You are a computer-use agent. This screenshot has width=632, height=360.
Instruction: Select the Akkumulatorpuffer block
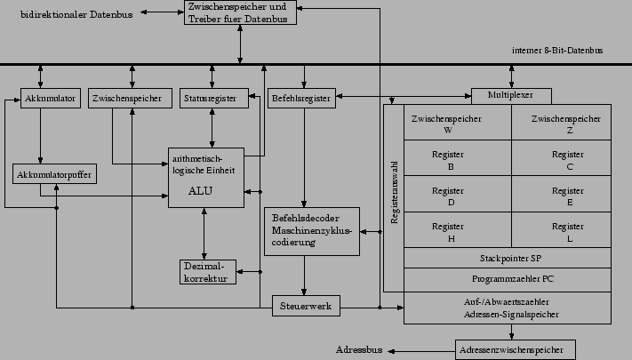coord(55,174)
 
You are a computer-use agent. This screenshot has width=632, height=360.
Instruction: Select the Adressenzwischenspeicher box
coord(515,349)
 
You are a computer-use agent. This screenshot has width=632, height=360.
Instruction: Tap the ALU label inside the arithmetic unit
coord(200,190)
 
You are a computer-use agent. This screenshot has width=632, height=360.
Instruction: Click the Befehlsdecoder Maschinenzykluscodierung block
coord(312,230)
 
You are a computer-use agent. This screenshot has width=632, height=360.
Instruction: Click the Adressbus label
coord(359,349)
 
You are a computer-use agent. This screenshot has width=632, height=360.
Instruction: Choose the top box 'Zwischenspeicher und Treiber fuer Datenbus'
coord(239,12)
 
